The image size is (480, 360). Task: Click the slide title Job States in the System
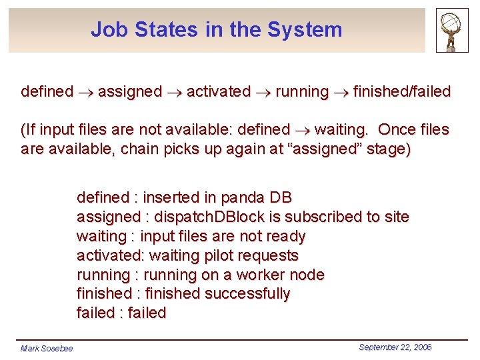coord(216,30)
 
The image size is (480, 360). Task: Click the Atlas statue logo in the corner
coord(452,30)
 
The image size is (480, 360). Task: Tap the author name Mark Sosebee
coord(47,348)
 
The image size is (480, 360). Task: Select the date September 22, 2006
coord(395,347)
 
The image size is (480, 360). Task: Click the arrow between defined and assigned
coord(85,92)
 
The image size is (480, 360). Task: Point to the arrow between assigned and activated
coord(175,92)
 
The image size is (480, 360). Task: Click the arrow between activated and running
coord(263,92)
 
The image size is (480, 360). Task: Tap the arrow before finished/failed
coord(341,92)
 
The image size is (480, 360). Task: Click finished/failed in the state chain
coord(401,91)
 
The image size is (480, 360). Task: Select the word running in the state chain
coord(302,91)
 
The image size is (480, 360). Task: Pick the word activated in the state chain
coord(219,91)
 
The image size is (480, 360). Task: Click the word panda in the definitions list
coord(243,198)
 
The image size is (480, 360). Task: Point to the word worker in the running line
coord(261,275)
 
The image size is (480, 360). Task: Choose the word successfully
coord(248,294)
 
